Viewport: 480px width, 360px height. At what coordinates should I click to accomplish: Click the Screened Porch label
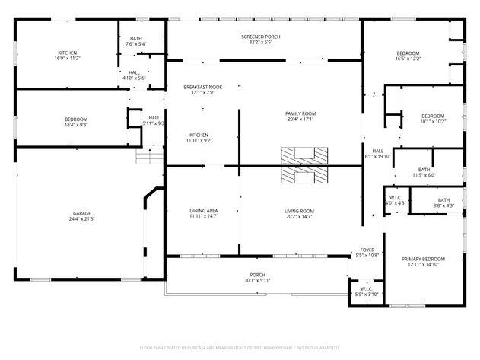(x=261, y=37)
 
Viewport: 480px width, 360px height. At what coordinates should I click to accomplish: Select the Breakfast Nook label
(x=202, y=88)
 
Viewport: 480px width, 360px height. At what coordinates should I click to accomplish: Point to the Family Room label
(x=300, y=113)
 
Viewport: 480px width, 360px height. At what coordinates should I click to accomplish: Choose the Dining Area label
(x=203, y=211)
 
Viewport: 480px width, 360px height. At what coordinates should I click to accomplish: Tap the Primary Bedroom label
(x=423, y=260)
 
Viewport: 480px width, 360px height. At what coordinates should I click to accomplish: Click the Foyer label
(x=366, y=250)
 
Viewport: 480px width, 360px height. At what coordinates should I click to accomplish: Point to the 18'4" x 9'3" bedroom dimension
(x=75, y=125)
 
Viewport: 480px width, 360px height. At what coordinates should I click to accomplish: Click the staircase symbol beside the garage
(x=145, y=157)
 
